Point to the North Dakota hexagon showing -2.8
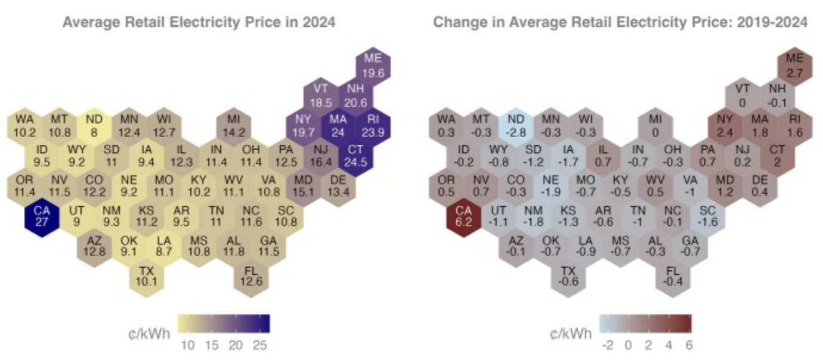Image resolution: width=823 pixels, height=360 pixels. click(x=515, y=125)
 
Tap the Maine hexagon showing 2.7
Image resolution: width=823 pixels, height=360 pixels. click(x=794, y=64)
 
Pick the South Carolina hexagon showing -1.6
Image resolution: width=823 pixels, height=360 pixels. click(x=707, y=216)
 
